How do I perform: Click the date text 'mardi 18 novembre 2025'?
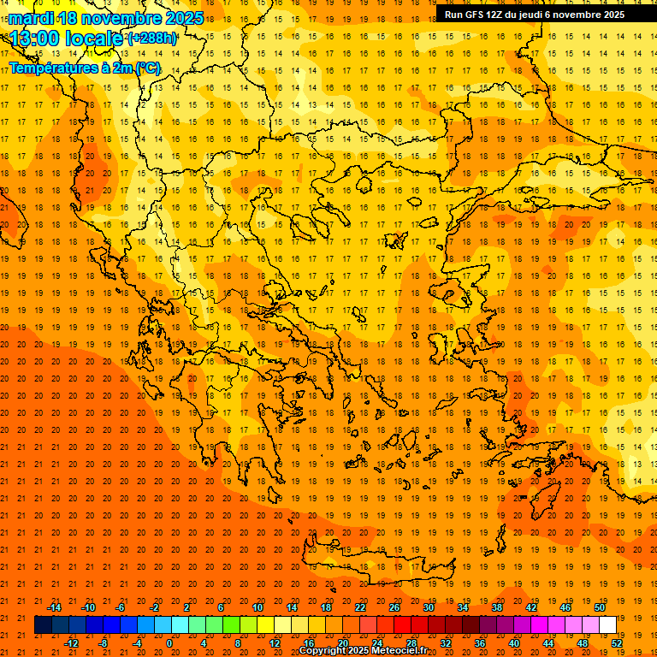click(x=106, y=18)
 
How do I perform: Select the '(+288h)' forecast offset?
click(x=152, y=38)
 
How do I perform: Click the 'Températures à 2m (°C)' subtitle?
click(x=84, y=68)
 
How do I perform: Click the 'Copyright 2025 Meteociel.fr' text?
click(x=363, y=650)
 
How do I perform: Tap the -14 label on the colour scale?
click(x=54, y=607)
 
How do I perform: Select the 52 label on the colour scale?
click(x=617, y=643)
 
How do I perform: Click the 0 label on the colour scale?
click(x=169, y=643)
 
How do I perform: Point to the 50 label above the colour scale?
click(x=599, y=607)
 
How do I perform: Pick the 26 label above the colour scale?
click(x=394, y=607)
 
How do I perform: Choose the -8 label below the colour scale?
click(x=104, y=643)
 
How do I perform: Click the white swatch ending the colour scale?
click(x=607, y=625)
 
